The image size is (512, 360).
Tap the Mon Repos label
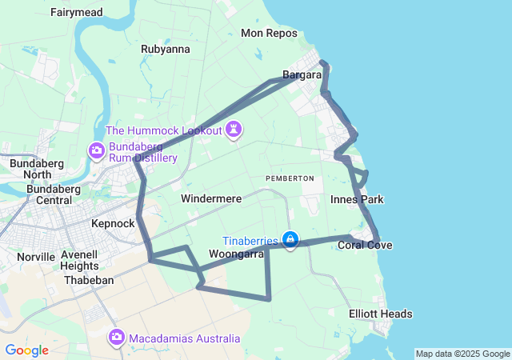pos(269,34)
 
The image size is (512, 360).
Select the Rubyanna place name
pos(166,49)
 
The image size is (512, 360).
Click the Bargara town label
pos(302,75)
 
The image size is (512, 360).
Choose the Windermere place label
pos(211,198)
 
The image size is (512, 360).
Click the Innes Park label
pos(357,199)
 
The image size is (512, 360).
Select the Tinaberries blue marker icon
pos(290,239)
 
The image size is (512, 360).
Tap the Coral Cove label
pos(365,245)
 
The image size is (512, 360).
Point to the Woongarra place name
pos(236,254)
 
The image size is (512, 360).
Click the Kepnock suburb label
pos(113,224)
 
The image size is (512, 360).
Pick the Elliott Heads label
pos(381,314)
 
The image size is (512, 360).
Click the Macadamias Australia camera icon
pos(117,338)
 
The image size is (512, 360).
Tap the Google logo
pos(26,350)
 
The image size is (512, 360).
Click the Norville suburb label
pos(36,258)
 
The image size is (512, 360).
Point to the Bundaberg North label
pos(30,169)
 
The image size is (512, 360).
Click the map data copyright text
pos(462,354)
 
